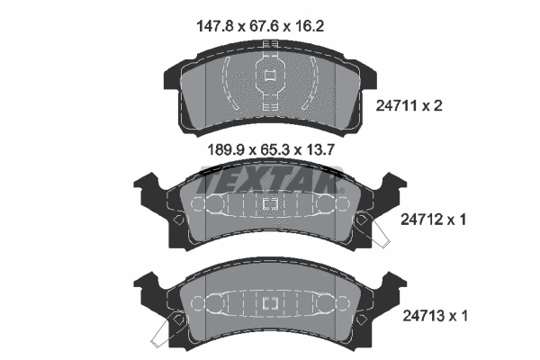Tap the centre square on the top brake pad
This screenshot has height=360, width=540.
tap(268, 76)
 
